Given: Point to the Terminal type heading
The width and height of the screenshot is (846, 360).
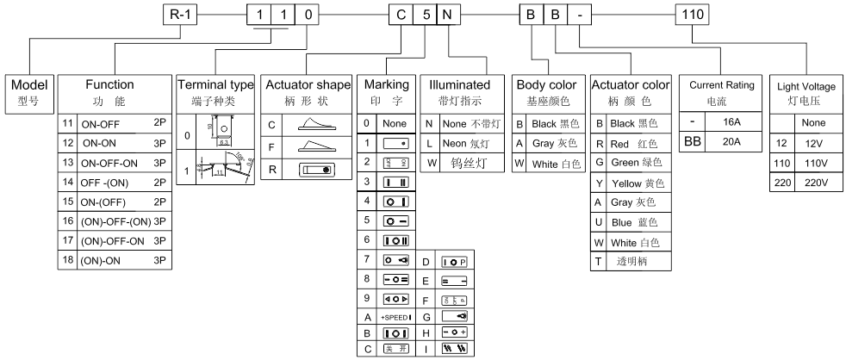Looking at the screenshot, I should coord(215,91).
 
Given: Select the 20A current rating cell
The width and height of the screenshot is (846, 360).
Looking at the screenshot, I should coord(730,141).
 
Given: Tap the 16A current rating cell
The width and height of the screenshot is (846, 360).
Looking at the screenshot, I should coord(730,123).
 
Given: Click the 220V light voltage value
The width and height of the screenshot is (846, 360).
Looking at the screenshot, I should coord(813,183).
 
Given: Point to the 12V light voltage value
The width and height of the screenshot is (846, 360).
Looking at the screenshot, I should coord(813,143).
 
